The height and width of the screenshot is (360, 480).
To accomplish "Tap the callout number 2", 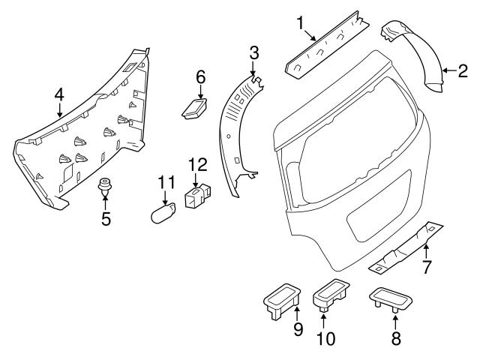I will pyautogui.click(x=463, y=71).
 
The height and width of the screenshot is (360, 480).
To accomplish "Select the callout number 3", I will pyautogui.click(x=254, y=52).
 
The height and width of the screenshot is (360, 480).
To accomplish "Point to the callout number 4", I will pyautogui.click(x=59, y=94).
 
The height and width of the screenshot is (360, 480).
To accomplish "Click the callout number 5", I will pyautogui.click(x=105, y=220).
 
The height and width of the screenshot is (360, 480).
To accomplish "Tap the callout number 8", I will pyautogui.click(x=396, y=337).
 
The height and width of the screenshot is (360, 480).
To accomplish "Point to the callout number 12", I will pyautogui.click(x=196, y=163).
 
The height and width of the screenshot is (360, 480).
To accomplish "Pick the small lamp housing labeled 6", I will pyautogui.click(x=195, y=107).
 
